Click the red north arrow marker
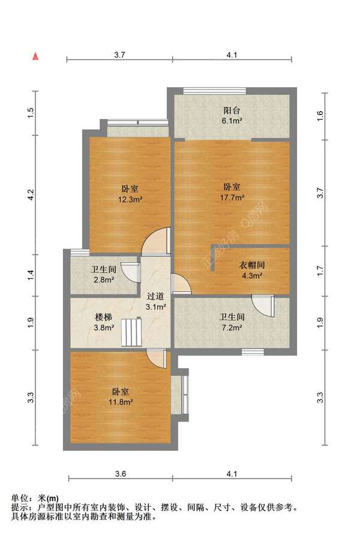36,57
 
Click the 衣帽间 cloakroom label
253,265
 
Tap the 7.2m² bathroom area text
231,328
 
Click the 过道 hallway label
157,297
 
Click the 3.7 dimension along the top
119,55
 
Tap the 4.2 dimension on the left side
31,195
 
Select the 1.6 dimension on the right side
320,115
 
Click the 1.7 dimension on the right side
320,271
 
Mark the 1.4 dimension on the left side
31,276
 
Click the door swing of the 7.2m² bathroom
262,304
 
